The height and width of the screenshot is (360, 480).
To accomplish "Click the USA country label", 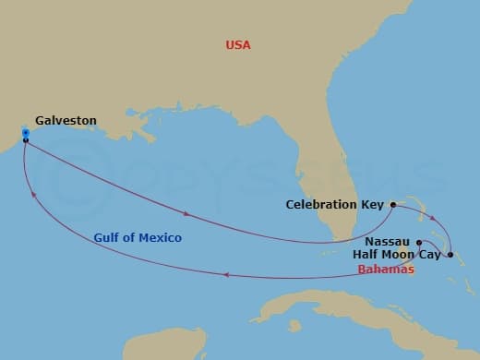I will coord(238,44).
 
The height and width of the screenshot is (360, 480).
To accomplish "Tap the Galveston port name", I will coord(66,120).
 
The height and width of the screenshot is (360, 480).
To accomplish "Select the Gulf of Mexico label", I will coord(138,238).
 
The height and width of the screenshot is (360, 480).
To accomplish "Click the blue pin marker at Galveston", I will coord(25,135).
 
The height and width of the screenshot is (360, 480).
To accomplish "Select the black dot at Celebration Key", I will coord(392,204).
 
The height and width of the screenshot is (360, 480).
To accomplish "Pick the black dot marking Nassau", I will coord(419,242).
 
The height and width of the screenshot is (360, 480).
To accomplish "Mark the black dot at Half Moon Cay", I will coord(450,254).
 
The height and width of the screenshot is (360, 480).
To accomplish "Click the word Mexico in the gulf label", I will coord(162,238).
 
